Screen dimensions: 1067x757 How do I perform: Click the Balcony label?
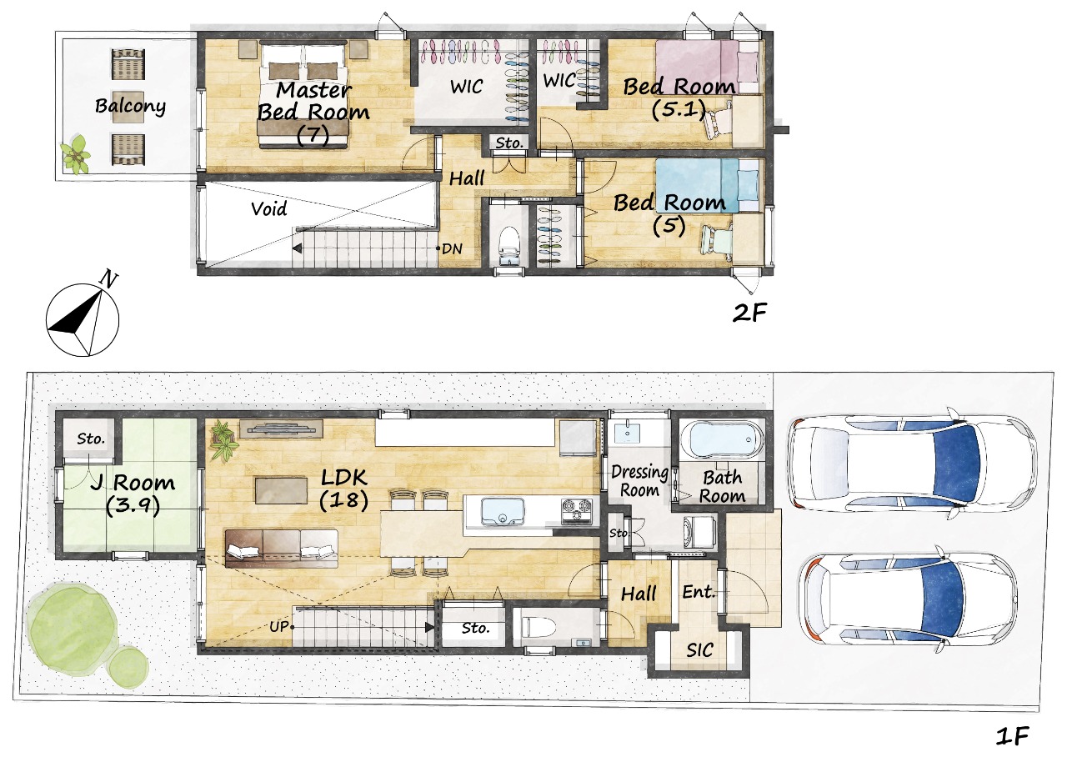[130, 106]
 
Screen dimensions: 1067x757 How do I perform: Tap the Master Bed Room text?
[313, 101]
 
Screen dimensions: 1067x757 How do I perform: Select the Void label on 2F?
[269, 208]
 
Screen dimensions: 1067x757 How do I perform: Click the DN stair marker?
[452, 248]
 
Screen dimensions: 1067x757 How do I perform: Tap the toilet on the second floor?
[509, 246]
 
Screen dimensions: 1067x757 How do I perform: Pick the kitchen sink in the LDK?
[503, 511]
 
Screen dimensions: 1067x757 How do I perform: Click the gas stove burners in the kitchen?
[577, 511]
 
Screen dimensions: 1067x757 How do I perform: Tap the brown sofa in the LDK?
[282, 549]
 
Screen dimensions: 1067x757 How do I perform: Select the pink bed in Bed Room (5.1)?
[707, 68]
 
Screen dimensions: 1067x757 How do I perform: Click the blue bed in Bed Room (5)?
[708, 185]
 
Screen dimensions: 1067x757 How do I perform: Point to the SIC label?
[699, 649]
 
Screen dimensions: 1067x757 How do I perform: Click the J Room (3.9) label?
[133, 494]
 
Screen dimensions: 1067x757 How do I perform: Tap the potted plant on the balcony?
[75, 154]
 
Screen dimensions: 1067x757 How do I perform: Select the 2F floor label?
[749, 313]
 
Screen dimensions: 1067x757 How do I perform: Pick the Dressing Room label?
[639, 481]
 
